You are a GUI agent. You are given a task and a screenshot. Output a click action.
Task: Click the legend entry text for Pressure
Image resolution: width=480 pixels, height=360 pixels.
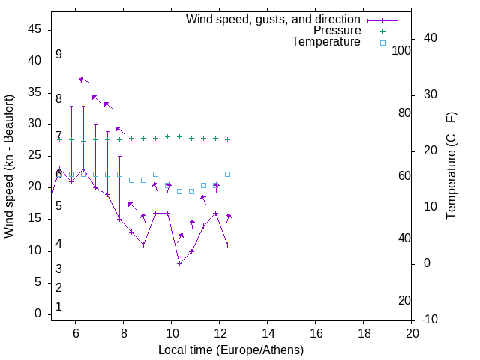[x=337, y=31]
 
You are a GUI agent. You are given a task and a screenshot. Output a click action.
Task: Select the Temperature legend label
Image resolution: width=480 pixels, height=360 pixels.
[x=326, y=43]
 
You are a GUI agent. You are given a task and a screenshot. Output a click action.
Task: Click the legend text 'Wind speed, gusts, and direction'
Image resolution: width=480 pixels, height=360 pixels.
[x=274, y=19]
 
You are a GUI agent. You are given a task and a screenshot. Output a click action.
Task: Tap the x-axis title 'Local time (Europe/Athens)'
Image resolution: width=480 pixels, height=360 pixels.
[x=231, y=349]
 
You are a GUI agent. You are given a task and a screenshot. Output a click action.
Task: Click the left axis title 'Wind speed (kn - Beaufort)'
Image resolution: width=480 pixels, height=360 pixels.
[x=9, y=166]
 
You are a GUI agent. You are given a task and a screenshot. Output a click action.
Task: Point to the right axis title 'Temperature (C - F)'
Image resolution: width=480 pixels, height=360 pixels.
[x=451, y=166]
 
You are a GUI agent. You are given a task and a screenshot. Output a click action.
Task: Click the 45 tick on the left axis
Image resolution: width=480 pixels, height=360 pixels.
[x=34, y=30]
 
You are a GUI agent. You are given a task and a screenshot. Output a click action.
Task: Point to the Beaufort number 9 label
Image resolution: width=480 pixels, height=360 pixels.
[x=58, y=55]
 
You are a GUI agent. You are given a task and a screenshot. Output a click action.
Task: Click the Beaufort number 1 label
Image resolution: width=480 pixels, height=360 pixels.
[x=58, y=307]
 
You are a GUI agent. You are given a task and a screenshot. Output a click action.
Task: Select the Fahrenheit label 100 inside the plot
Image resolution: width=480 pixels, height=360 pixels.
[x=402, y=50]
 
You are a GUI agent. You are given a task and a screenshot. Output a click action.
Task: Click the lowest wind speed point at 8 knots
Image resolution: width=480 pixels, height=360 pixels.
[x=180, y=263]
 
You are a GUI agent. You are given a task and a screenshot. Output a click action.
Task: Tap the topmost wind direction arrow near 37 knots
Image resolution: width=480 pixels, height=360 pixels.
[x=84, y=79]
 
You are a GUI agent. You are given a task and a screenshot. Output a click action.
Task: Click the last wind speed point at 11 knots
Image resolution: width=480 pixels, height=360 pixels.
[x=227, y=244]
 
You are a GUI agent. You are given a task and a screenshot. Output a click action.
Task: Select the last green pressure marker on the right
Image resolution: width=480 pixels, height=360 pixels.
[x=227, y=139]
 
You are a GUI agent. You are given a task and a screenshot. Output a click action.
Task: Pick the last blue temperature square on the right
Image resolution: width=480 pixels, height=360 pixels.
[x=227, y=174]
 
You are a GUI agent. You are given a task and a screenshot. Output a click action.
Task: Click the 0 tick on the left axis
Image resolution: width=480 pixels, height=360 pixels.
[x=37, y=313]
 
